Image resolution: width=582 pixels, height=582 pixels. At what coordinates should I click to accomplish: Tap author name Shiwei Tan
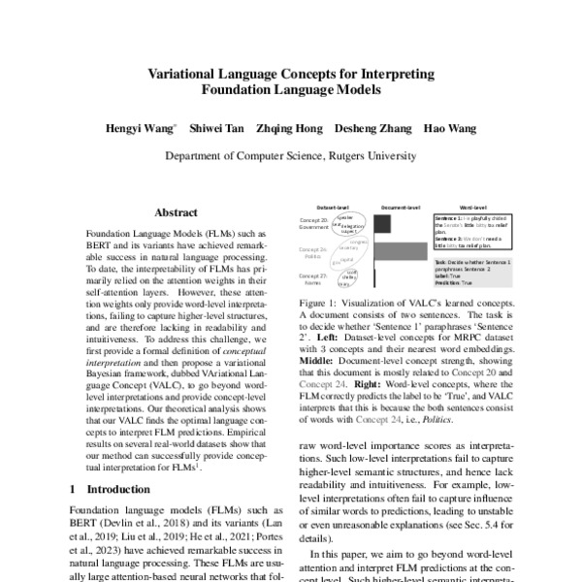[216, 128]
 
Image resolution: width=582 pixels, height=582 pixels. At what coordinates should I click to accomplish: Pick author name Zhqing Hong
[289, 128]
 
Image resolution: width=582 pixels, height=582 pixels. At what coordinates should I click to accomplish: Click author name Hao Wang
[445, 128]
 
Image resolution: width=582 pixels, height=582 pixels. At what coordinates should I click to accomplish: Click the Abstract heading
[177, 211]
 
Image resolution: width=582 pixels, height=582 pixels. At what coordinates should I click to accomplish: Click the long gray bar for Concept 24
[401, 251]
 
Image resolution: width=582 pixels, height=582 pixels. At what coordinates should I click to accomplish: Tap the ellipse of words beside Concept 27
[346, 278]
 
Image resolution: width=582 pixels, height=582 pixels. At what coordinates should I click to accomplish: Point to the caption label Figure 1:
[319, 304]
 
